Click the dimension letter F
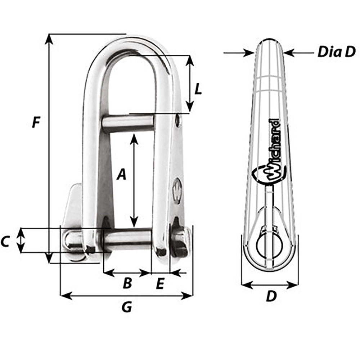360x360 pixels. pyautogui.click(x=35, y=122)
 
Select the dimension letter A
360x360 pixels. pyautogui.click(x=122, y=175)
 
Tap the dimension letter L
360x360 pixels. pyautogui.click(x=198, y=89)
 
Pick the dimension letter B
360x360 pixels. pyautogui.click(x=127, y=284)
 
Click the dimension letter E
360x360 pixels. pyautogui.click(x=160, y=284)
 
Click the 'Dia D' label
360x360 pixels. pyautogui.click(x=336, y=53)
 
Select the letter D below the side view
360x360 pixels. pyautogui.click(x=271, y=296)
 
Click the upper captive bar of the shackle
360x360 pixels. pyautogui.click(x=129, y=123)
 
